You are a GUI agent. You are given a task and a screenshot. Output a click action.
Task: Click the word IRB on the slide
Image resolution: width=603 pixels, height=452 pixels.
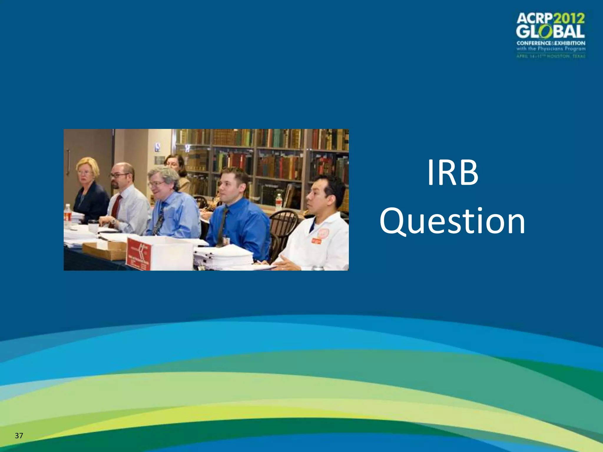pos(453,173)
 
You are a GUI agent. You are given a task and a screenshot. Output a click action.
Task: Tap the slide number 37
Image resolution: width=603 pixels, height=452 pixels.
pos(19,436)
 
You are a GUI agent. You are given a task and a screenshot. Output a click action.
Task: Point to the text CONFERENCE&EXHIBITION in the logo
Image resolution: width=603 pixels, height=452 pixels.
pos(551,43)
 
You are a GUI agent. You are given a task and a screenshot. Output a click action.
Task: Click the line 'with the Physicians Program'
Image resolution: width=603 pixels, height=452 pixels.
pos(551,49)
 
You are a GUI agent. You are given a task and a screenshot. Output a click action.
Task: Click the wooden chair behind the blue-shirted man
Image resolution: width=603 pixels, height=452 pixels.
pos(283,224)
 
